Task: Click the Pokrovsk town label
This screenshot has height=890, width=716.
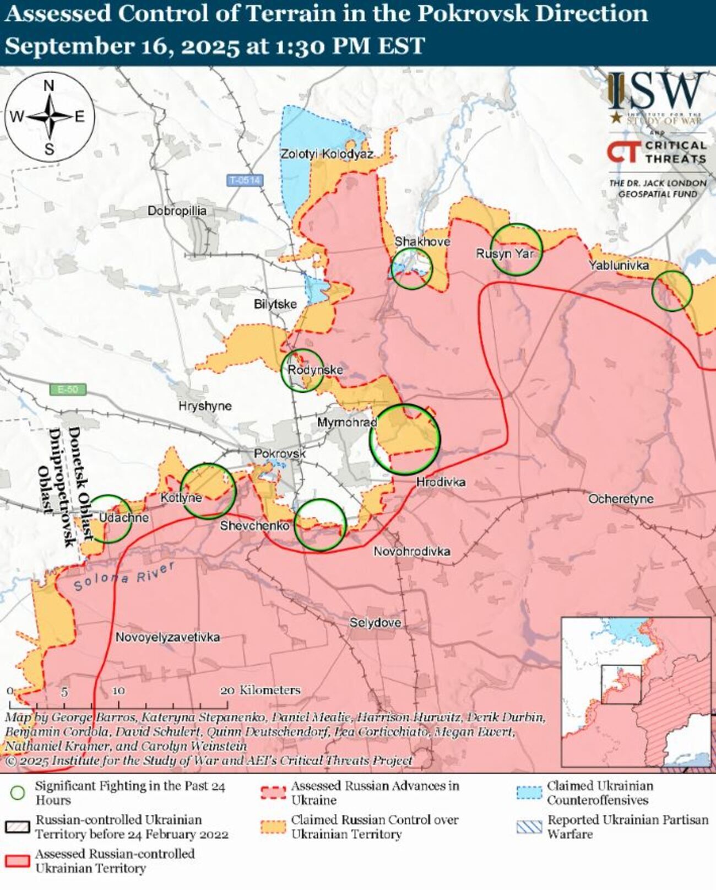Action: pyautogui.click(x=279, y=453)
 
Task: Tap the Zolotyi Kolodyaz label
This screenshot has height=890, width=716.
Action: pyautogui.click(x=327, y=154)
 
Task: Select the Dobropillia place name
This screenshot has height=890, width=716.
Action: pyautogui.click(x=177, y=211)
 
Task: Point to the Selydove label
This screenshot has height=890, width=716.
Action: pyautogui.click(x=375, y=623)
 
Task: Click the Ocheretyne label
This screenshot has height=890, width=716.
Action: pyautogui.click(x=620, y=499)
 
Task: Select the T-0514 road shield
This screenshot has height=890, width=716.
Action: pyautogui.click(x=245, y=180)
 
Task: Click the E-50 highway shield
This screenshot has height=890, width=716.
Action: pyautogui.click(x=68, y=390)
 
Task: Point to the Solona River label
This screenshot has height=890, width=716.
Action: pyautogui.click(x=124, y=576)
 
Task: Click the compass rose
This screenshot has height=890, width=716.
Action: pyautogui.click(x=50, y=117)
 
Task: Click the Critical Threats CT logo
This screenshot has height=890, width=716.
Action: pyautogui.click(x=624, y=152)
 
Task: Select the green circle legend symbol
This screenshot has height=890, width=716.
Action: pyautogui.click(x=18, y=792)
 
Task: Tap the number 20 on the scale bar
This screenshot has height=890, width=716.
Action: pyautogui.click(x=227, y=690)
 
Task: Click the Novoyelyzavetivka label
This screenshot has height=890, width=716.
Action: pyautogui.click(x=167, y=637)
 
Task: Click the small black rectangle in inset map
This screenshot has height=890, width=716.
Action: pyautogui.click(x=621, y=684)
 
